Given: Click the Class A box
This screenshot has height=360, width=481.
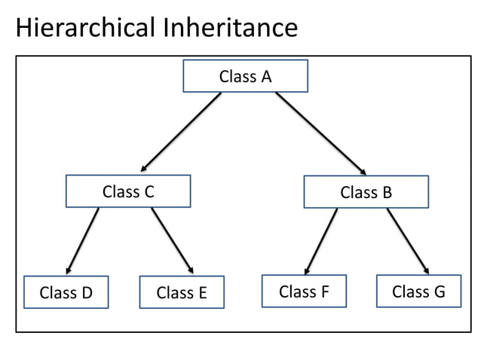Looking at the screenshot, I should [x=245, y=76].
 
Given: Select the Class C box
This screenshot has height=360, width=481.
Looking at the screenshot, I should [x=127, y=191].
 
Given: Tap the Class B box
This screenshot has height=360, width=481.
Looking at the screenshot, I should [x=366, y=192].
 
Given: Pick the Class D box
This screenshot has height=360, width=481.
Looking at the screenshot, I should [x=66, y=292].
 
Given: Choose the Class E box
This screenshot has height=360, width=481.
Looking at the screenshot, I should [x=182, y=292].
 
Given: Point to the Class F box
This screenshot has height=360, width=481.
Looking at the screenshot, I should [x=304, y=291].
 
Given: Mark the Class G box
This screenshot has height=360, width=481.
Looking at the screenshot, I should [x=418, y=291].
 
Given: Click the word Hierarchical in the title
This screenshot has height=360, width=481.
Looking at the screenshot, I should [x=83, y=28].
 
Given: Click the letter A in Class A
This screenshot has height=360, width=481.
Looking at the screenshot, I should [x=265, y=76].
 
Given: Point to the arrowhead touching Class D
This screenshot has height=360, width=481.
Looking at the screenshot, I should [x=69, y=270].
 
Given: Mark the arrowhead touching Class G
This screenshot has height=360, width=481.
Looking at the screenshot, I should [x=427, y=270].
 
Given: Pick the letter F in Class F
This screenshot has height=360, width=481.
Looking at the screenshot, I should [x=324, y=291].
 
